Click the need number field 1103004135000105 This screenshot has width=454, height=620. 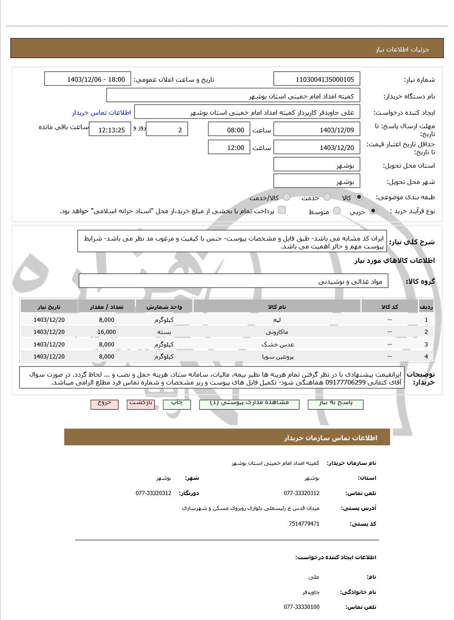[317, 79]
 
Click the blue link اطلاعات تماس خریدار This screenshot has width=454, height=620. [101, 112]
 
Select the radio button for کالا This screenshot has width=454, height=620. [359, 197]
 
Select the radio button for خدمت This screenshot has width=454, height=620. [327, 197]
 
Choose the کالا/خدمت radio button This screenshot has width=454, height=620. [286, 197]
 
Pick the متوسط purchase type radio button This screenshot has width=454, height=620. [337, 211]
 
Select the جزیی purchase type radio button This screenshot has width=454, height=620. [373, 211]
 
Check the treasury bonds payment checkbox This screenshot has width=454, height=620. [282, 210]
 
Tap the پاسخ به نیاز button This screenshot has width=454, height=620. [335, 404]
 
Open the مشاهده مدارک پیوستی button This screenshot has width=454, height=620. [249, 404]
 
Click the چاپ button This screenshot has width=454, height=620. [177, 404]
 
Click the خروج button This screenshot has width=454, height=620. [104, 404]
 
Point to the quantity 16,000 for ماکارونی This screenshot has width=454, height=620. [107, 332]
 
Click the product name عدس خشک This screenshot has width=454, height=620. [277, 345]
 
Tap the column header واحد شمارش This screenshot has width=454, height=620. [164, 307]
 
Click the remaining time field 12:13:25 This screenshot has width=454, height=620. [110, 130]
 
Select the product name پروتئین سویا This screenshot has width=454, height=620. [277, 357]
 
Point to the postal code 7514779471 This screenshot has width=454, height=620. [304, 524]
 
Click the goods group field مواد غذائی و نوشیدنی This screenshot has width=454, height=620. [233, 281]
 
